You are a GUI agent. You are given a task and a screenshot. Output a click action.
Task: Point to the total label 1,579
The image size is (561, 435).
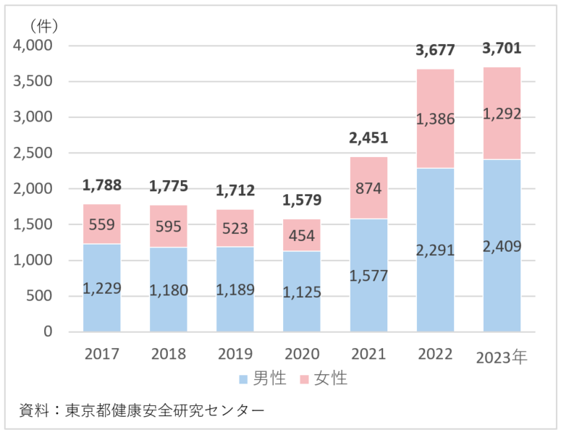pyautogui.click(x=302, y=200)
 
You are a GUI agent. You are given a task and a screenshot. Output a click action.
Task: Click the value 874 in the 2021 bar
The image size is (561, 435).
pyautogui.click(x=368, y=187)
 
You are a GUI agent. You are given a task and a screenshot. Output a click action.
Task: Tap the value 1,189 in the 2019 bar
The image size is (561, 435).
pyautogui.click(x=235, y=290)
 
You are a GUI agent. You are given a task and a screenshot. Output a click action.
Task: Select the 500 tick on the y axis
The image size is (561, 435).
pyautogui.click(x=40, y=296)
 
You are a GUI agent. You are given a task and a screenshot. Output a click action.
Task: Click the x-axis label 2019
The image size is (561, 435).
pyautogui.click(x=235, y=354)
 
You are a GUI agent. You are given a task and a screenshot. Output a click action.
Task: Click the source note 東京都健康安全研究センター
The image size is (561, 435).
pyautogui.click(x=164, y=410)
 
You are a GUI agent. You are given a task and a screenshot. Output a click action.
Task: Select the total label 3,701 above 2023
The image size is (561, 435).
pyautogui.click(x=502, y=49)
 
